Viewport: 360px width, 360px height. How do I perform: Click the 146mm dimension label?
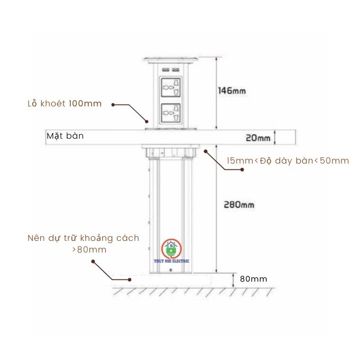coord(232,91)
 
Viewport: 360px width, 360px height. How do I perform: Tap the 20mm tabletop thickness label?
coord(258,138)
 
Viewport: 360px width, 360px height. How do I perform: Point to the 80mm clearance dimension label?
coord(254,279)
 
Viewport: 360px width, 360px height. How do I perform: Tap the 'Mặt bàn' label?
coord(65,136)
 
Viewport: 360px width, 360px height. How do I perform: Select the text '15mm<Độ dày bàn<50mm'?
coord(288,160)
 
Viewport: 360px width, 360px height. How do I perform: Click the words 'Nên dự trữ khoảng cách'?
coord(83,238)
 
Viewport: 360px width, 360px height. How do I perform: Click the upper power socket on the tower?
coord(170,87)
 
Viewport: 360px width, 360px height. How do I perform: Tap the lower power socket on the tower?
coord(170,114)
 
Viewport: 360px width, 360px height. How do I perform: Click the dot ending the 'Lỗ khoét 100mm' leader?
coord(114,105)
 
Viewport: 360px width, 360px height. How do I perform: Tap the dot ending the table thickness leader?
coord(242,170)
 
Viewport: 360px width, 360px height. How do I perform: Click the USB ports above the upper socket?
coord(170,70)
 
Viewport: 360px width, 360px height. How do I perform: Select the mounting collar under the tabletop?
coord(170,152)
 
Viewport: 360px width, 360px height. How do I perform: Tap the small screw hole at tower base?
coord(170,271)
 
